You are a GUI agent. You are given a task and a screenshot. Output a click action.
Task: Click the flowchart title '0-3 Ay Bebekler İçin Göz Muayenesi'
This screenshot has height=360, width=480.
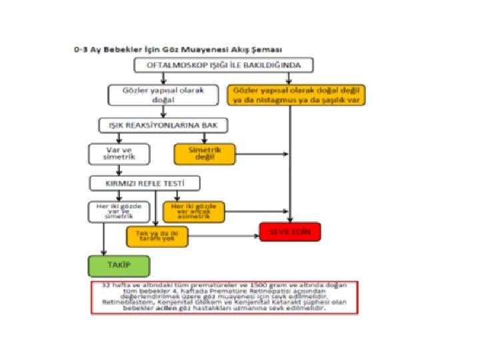pos(177,50)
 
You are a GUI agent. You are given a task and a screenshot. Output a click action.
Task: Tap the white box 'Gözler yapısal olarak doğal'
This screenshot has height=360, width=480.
pos(163,95)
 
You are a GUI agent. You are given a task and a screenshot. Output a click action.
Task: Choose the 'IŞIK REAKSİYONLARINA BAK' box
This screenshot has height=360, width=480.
pos(163,125)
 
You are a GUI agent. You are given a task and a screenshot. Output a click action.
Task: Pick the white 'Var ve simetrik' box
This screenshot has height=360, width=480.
pos(120,154)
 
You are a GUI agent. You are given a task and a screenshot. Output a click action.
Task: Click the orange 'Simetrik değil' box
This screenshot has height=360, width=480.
pos(206,154)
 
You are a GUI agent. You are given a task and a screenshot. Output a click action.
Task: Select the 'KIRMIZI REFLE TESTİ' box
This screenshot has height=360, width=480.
pos(145,182)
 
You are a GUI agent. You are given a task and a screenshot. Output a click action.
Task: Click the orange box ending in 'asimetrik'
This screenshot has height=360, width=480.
pos(193,211)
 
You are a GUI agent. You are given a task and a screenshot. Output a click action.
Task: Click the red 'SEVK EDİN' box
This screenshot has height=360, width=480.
pos(290,231)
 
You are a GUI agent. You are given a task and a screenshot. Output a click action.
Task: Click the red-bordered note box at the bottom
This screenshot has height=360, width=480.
pos(224,297)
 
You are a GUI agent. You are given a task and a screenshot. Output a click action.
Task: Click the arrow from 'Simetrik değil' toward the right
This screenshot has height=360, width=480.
pos(263,154)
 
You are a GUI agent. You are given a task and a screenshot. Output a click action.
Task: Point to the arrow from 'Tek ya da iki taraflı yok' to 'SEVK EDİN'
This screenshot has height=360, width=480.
pos(224,233)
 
